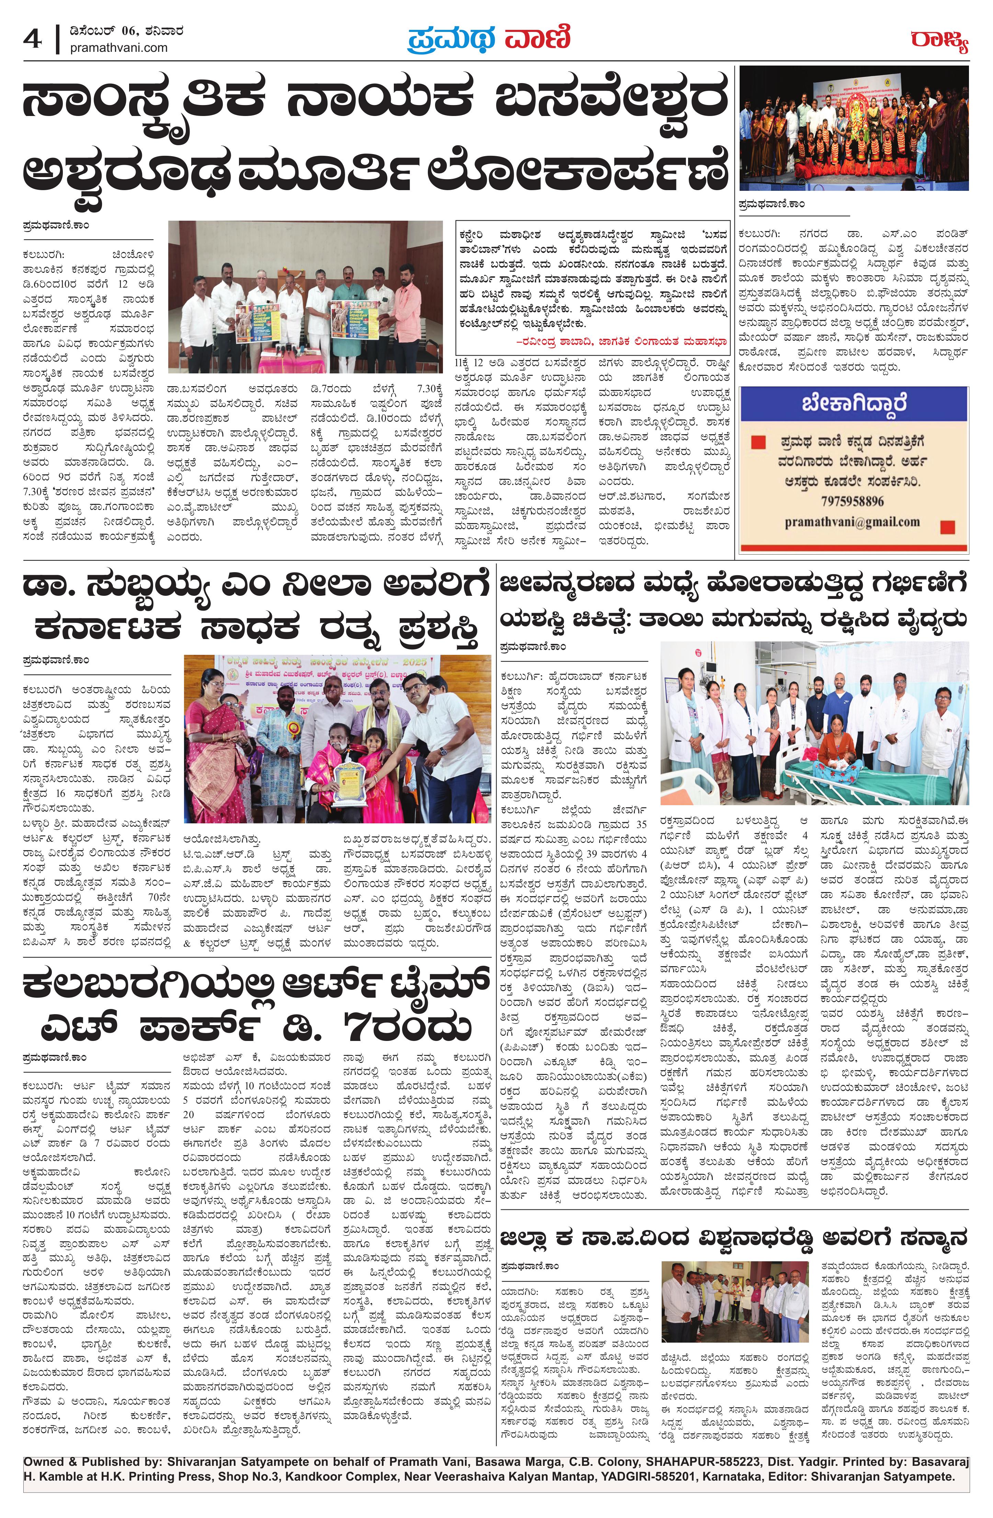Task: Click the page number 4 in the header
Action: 32,39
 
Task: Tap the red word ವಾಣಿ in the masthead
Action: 537,38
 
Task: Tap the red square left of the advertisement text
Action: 757,442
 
